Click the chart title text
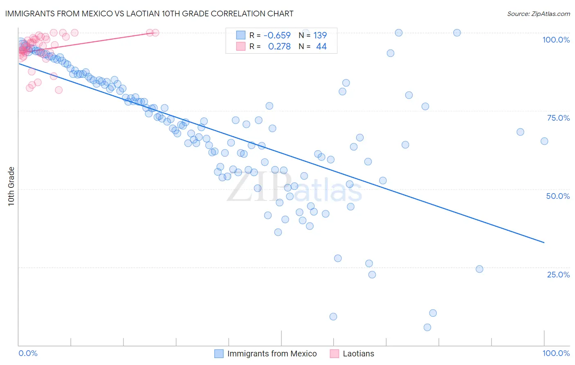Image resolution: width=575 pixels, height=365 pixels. pos(149,14)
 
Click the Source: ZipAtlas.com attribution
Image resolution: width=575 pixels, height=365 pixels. pos(538,14)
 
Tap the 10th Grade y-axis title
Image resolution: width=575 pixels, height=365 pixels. pos(11,186)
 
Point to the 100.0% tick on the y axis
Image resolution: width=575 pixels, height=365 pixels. pos(556,40)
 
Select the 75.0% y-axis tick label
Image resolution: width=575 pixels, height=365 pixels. pos(558,118)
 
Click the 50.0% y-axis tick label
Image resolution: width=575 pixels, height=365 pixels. pos(558,196)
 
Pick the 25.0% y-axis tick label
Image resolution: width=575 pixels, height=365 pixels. pos(558,275)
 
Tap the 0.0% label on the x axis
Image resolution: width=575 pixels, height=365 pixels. pos(28,353)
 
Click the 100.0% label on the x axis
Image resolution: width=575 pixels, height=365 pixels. pos(556,353)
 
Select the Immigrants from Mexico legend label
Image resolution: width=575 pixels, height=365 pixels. pos(272,354)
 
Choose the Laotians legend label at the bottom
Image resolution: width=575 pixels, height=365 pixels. pos(358,354)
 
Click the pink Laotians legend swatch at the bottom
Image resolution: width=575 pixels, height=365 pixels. pos(335,354)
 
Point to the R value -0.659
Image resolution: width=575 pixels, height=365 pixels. pos(277,35)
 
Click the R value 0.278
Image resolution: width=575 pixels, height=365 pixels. pos(279,46)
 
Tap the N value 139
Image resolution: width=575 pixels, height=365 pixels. pos(320,35)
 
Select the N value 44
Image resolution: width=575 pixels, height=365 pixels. pos(321,46)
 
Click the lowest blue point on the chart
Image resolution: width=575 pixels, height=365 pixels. pos(427,327)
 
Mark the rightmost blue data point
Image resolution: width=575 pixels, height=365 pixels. pos(544,141)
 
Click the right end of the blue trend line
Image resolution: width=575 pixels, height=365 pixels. pos(544,243)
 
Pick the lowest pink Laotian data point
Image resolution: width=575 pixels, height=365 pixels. pos(58,90)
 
